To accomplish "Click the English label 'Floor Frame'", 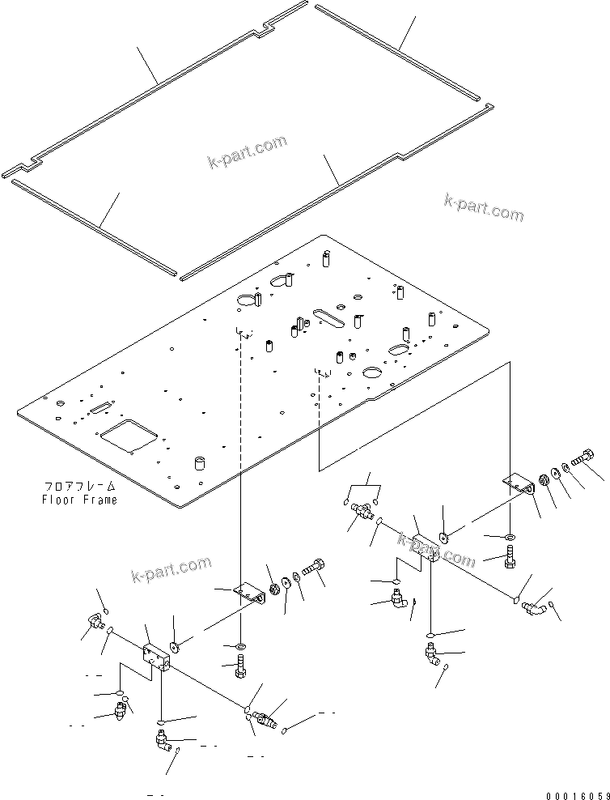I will tap(79, 500).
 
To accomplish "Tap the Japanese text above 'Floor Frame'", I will tap(79, 487).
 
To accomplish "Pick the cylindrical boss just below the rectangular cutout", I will tap(196, 463).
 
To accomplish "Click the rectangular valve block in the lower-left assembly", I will tap(155, 656).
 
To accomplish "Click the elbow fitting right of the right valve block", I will tap(533, 606).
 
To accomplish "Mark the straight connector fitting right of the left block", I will tap(265, 718).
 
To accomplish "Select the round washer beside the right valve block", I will tap(445, 535).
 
